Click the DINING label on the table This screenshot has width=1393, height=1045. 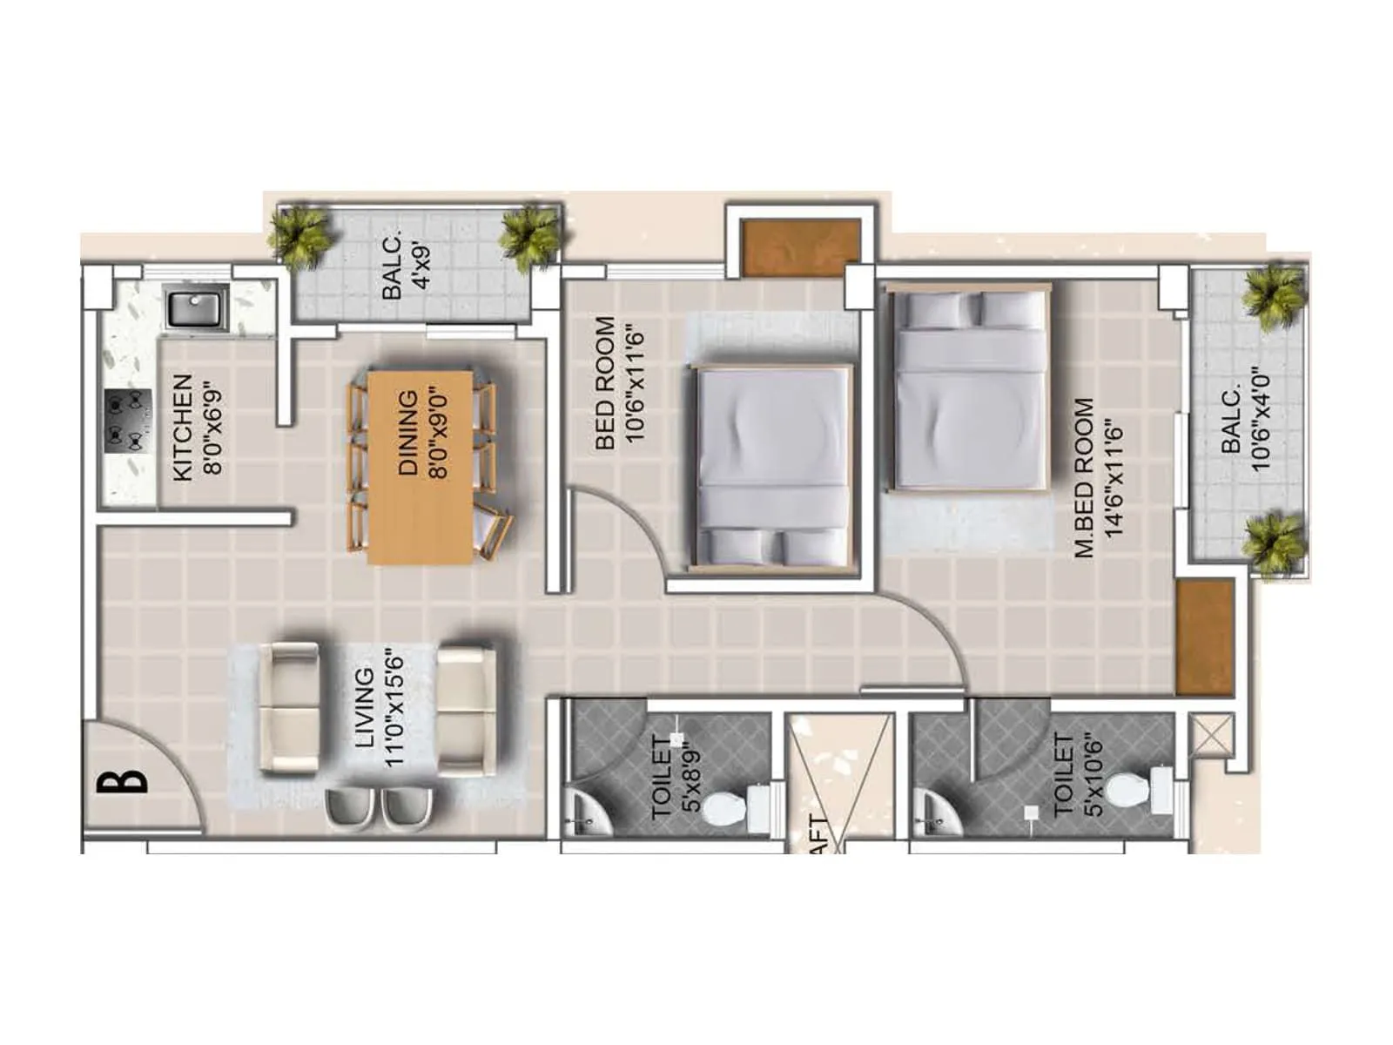click(407, 432)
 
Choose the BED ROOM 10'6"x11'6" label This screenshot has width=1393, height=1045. click(619, 382)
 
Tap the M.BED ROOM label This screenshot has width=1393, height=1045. click(1084, 477)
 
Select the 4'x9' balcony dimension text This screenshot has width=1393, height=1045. click(423, 266)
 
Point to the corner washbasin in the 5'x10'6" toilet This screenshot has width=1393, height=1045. click(933, 814)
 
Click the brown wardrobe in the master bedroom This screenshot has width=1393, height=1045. click(1205, 637)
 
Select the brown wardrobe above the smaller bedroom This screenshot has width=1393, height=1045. click(800, 247)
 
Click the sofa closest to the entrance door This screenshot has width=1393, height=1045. click(291, 709)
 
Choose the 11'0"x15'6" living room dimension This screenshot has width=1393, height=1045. click(394, 707)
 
